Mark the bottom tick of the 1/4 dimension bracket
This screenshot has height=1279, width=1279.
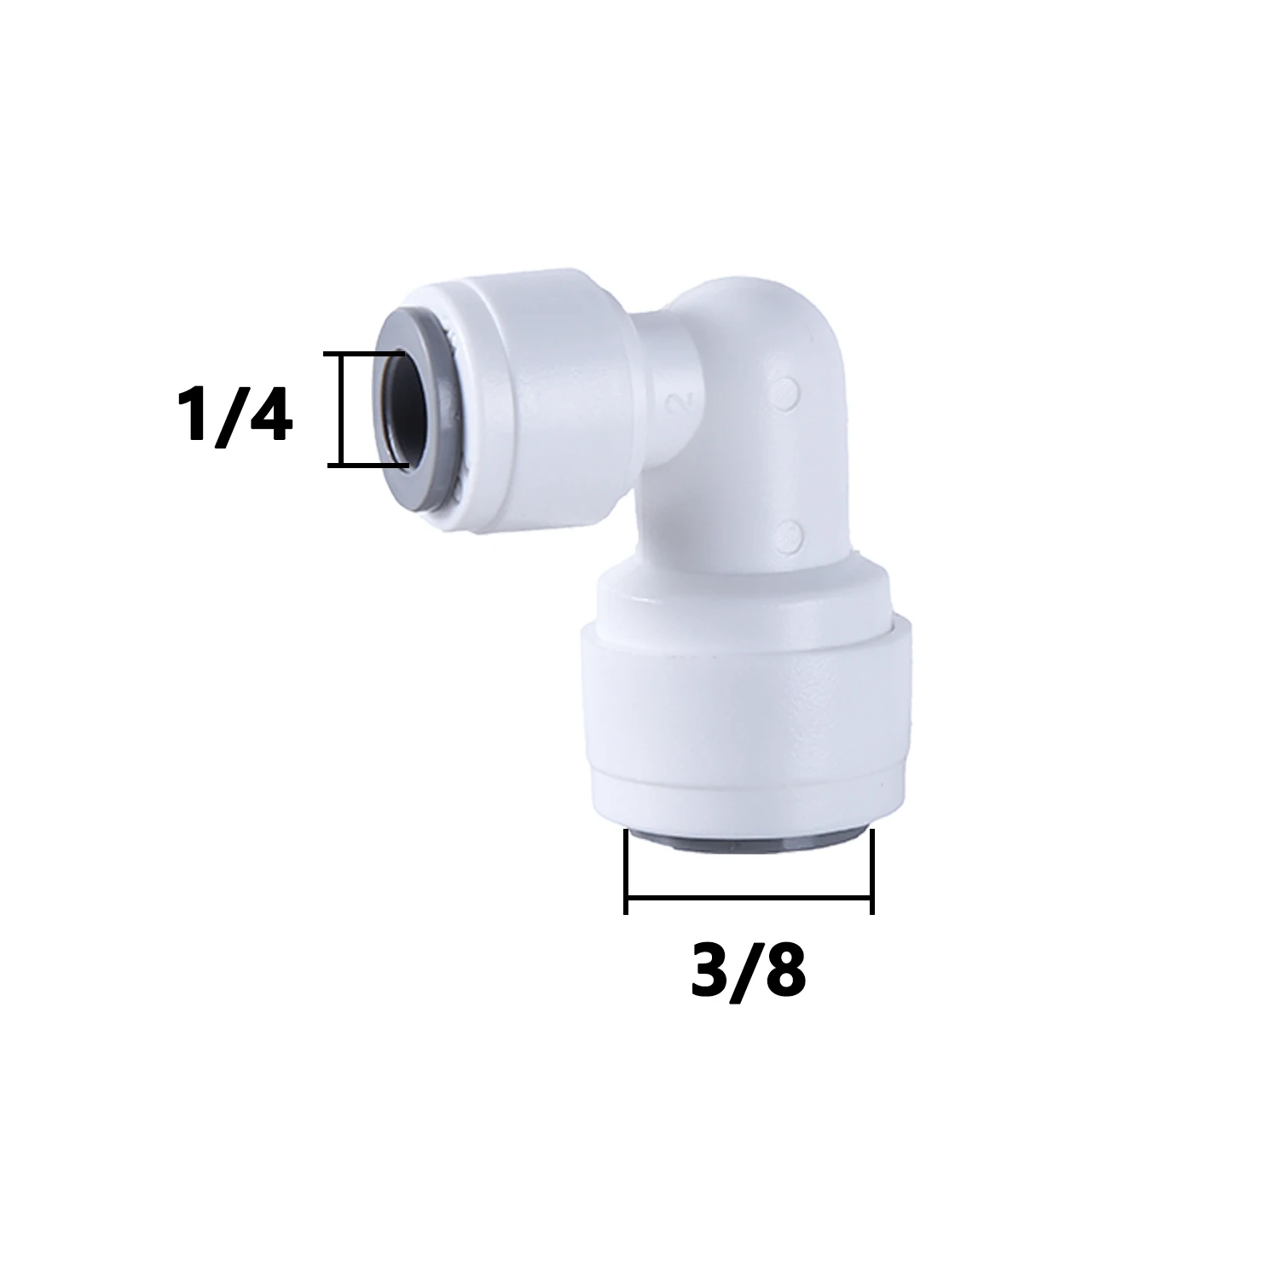point(367,466)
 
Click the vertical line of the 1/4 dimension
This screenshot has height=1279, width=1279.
point(341,409)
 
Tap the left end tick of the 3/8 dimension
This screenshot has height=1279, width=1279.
point(626,871)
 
